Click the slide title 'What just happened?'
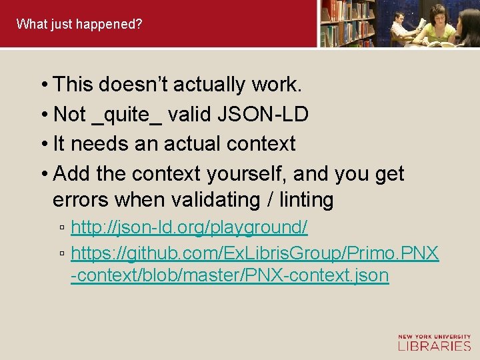click(79, 25)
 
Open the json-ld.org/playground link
click(189, 227)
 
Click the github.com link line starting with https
click(255, 253)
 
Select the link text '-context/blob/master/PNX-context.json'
click(230, 275)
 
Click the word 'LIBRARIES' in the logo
click(434, 345)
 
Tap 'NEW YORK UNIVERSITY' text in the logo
click(434, 337)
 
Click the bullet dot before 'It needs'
click(43, 144)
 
